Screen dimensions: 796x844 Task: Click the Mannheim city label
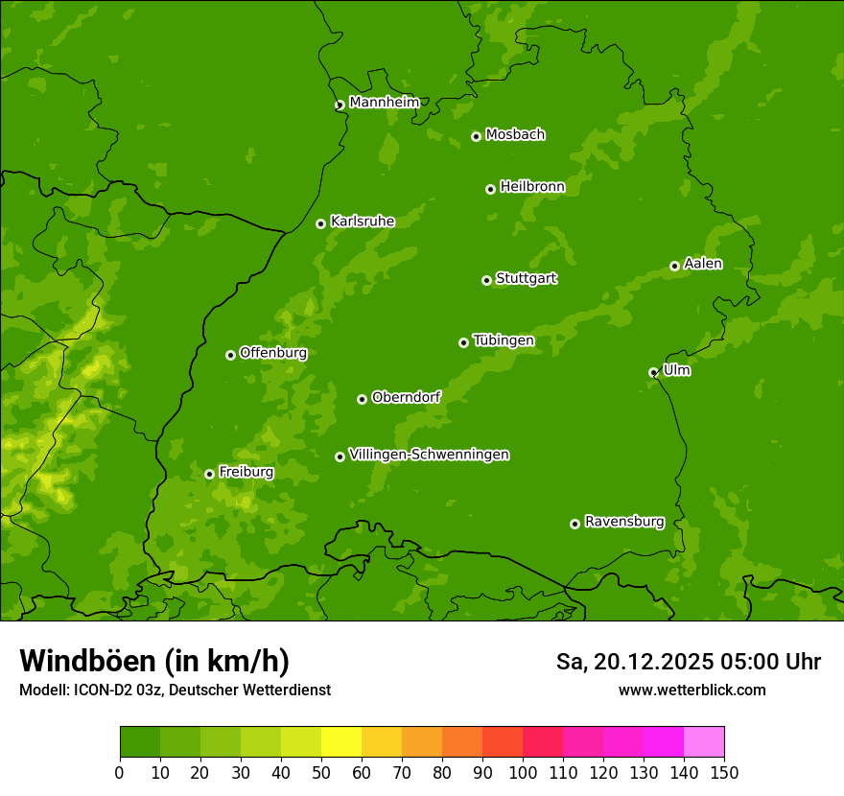pos(384,103)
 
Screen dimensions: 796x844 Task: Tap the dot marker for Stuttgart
pos(486,280)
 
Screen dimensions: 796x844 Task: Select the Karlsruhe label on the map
pos(362,222)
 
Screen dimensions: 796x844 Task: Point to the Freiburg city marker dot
pos(209,474)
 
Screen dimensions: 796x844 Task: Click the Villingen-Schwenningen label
pos(429,455)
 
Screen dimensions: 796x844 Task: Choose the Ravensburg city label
pos(623,522)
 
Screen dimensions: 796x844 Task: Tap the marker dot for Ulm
pos(653,372)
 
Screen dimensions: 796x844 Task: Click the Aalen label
pos(703,264)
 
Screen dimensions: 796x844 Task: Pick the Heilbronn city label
pos(532,187)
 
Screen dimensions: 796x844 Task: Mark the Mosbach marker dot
pos(476,136)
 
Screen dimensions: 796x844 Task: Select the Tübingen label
pos(504,340)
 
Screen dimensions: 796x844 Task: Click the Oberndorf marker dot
pos(362,399)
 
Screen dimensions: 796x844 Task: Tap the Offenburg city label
pos(273,353)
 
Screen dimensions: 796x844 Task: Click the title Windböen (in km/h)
pos(153,661)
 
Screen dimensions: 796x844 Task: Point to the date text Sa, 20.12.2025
pos(634,662)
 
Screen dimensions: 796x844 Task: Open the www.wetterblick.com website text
pos(692,690)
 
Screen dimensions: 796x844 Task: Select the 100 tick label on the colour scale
pos(523,772)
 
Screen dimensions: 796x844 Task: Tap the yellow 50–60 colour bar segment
pos(341,742)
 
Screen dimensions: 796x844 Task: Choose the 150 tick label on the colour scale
pos(724,772)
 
